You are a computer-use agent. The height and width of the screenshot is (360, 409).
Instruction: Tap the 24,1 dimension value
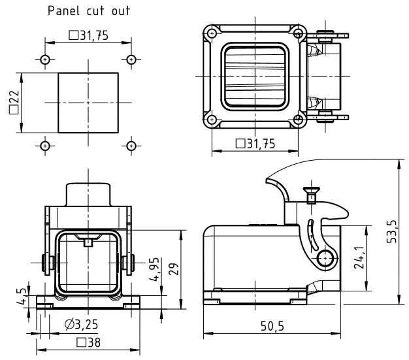358,258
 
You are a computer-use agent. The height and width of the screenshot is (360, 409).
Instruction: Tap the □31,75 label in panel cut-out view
89,36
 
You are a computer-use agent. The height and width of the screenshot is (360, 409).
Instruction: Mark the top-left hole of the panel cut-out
45,60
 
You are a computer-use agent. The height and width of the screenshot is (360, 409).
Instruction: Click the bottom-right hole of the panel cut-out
131,145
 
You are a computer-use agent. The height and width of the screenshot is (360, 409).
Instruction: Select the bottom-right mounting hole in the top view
299,120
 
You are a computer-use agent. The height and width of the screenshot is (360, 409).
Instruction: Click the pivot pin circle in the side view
325,260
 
